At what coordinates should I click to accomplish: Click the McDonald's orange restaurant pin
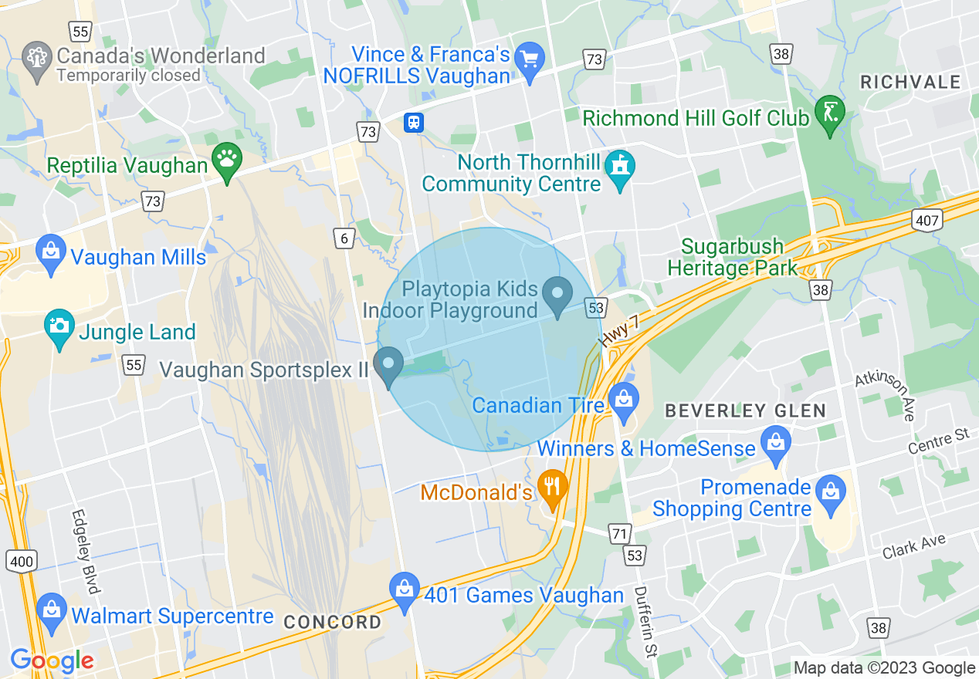[x=552, y=486]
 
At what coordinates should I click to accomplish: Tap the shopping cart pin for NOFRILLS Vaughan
[x=530, y=59]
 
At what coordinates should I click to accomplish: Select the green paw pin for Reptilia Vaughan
[x=226, y=160]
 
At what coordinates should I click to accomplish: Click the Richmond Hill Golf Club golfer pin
[x=830, y=113]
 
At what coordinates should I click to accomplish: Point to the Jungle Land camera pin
[x=59, y=326]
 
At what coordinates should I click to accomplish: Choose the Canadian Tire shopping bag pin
[x=622, y=400]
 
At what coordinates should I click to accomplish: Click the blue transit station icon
[x=414, y=123]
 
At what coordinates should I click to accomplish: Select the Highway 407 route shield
[x=927, y=221]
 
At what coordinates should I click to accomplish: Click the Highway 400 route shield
[x=22, y=561]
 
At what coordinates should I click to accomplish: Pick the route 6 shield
[x=344, y=238]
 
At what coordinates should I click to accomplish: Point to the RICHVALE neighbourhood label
[x=910, y=82]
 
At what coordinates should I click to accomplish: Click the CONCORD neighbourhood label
[x=332, y=622]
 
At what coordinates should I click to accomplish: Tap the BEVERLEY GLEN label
[x=746, y=410]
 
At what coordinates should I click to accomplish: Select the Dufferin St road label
[x=644, y=621]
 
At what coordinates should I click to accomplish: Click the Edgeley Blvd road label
[x=86, y=552]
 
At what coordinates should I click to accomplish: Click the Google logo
[x=52, y=660]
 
